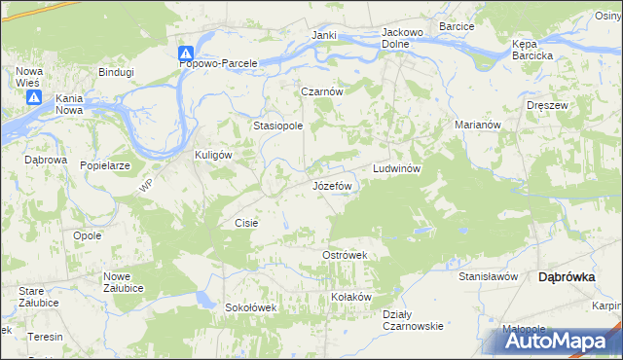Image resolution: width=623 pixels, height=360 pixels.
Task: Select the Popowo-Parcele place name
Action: (219, 63)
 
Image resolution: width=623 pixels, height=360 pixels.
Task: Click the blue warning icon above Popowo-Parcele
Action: (186, 54)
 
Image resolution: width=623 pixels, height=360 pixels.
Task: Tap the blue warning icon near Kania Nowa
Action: (33, 98)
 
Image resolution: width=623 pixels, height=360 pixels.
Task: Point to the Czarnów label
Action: (322, 90)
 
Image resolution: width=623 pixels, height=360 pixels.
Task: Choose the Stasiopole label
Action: (278, 126)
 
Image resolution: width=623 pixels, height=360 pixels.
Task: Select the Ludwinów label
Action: (396, 168)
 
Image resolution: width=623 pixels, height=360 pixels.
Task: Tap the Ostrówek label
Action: (344, 255)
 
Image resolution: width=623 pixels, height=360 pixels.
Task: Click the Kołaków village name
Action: (351, 297)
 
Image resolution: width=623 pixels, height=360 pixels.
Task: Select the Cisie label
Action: (246, 223)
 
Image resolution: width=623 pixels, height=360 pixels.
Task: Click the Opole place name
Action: (88, 236)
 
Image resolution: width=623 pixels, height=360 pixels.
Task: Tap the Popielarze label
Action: (106, 166)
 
